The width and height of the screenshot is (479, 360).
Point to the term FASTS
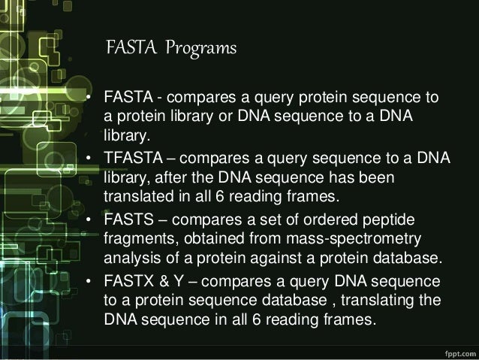point(127,219)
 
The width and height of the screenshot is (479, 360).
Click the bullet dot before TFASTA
point(89,159)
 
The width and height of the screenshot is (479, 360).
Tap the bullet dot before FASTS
point(89,220)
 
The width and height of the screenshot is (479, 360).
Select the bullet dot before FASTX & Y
point(89,281)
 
